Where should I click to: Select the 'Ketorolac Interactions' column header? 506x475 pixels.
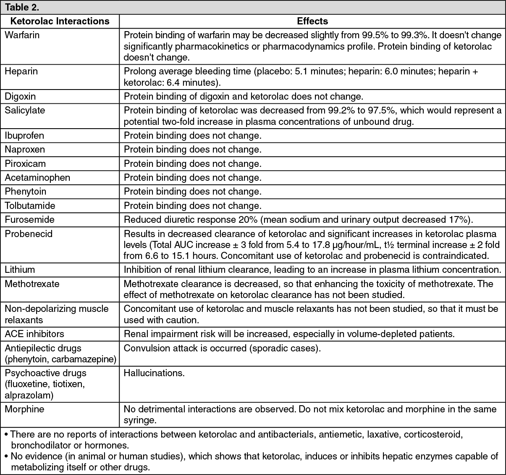(x=60, y=21)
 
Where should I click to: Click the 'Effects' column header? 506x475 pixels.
(x=312, y=21)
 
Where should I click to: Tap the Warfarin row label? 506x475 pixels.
(x=22, y=35)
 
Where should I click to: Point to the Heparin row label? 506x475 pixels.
(x=21, y=71)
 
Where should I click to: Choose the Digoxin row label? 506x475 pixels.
(x=20, y=96)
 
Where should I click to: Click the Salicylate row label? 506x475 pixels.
(x=24, y=110)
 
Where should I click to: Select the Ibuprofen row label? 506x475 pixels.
(x=24, y=135)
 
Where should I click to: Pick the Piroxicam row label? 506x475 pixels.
(x=25, y=164)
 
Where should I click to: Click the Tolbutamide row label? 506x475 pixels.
(x=30, y=206)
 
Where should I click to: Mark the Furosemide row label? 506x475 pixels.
(x=29, y=219)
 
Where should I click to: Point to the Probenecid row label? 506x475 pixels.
(x=29, y=233)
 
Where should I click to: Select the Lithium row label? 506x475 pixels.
(x=20, y=269)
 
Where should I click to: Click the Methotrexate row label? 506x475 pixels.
(x=32, y=284)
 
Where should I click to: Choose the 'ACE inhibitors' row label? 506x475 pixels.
(x=34, y=334)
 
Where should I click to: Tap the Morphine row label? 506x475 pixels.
(x=24, y=409)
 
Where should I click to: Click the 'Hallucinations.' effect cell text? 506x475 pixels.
(x=154, y=373)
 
